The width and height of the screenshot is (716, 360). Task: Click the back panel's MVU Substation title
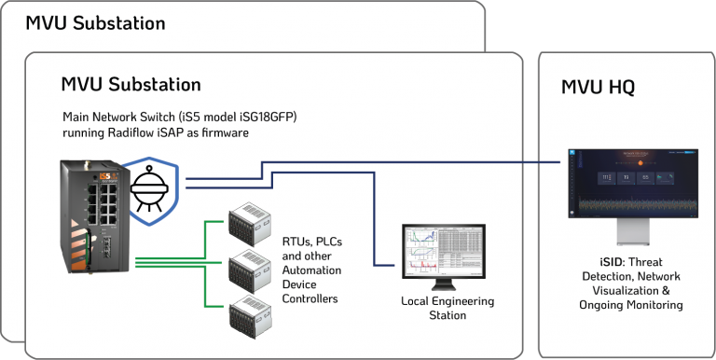pyautogui.click(x=95, y=22)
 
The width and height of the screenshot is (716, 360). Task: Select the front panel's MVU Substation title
pyautogui.click(x=131, y=85)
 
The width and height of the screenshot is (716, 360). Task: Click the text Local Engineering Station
pyautogui.click(x=447, y=308)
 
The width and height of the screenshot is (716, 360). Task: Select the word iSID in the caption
pyautogui.click(x=597, y=263)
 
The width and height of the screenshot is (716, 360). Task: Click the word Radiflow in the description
pyautogui.click(x=137, y=133)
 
